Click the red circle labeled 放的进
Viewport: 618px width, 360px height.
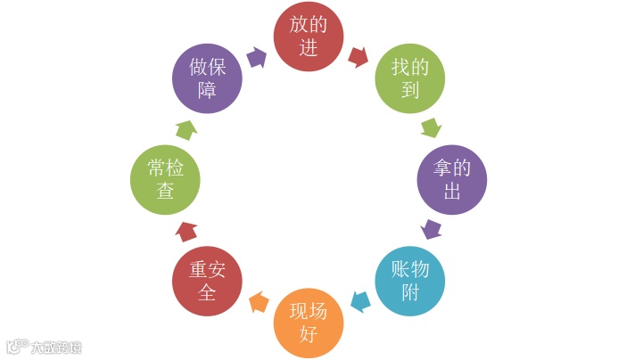309,36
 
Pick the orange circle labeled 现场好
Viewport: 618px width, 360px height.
308,323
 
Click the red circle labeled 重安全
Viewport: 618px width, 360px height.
207,280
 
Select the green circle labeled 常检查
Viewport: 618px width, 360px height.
165,180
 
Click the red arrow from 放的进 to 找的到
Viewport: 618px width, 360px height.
358,57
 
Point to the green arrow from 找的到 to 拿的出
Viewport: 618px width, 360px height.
431,127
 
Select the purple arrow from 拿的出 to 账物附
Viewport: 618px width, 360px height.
433,229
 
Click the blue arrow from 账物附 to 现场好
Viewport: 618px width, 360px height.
360,301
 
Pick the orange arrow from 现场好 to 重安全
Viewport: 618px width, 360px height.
259,302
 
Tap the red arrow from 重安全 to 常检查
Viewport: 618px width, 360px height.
186,231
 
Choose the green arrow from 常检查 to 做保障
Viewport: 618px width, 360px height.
185,129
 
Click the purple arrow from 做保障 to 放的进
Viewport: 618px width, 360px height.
257,57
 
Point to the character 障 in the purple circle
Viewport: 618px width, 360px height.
207,89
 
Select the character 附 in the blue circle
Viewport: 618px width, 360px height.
410,291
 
